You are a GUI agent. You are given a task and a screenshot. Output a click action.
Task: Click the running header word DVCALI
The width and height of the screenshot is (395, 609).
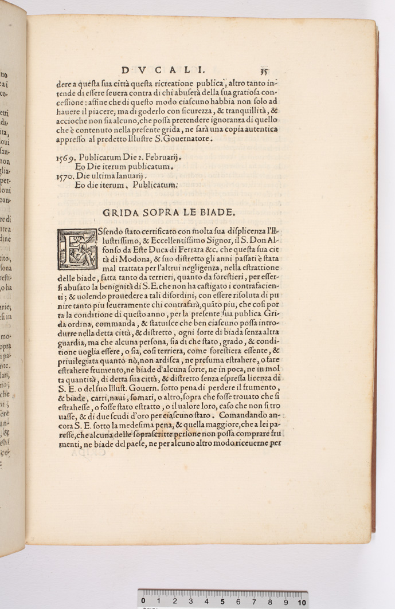pos(163,70)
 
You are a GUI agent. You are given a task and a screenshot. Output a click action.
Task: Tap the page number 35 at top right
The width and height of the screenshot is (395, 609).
pos(264,72)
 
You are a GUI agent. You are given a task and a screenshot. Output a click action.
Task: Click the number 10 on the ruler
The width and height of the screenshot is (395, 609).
pos(301,601)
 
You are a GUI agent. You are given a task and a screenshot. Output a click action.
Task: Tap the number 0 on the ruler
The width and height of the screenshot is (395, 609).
pos(143,601)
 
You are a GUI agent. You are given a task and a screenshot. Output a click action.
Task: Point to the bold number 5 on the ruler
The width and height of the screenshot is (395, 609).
pos(222,601)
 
